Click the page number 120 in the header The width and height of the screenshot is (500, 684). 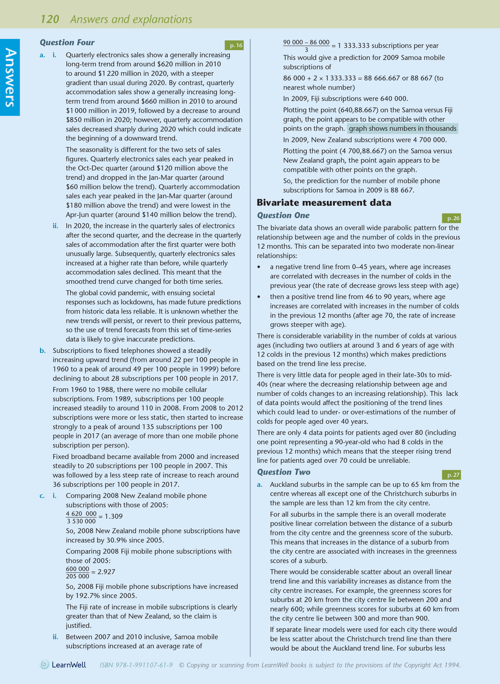pyautogui.click(x=50, y=19)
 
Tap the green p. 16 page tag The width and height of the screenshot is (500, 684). pyautogui.click(x=234, y=45)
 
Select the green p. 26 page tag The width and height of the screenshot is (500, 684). pyautogui.click(x=452, y=218)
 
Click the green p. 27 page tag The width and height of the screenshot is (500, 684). pyautogui.click(x=452, y=475)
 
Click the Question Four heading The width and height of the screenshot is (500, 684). pyautogui.click(x=67, y=42)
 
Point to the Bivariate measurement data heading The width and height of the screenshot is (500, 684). pyautogui.click(x=324, y=202)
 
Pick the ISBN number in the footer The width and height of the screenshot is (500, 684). pyautogui.click(x=136, y=665)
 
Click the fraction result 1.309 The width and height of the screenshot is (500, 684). pyautogui.click(x=114, y=516)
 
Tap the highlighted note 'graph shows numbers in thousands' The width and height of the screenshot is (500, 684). pyautogui.click(x=402, y=129)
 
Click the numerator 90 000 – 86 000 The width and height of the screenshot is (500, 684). pyautogui.click(x=306, y=42)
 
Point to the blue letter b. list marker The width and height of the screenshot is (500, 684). pyautogui.click(x=43, y=351)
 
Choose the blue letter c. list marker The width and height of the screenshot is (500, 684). pyautogui.click(x=42, y=496)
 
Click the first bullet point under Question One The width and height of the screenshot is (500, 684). pyautogui.click(x=259, y=267)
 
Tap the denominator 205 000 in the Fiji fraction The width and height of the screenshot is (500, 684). pyautogui.click(x=78, y=576)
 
